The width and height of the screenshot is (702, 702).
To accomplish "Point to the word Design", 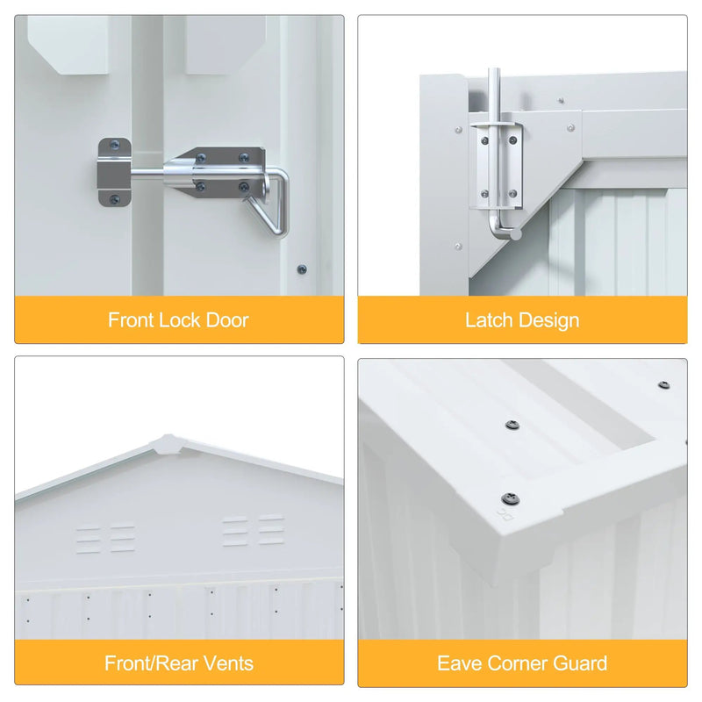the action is (x=549, y=321).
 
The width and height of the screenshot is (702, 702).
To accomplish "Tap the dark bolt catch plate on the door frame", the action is (x=114, y=172).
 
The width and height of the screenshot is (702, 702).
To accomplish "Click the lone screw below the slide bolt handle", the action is (x=302, y=269).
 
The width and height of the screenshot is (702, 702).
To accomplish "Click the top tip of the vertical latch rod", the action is (x=494, y=69).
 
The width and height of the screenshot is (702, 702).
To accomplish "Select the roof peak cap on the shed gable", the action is (x=168, y=444).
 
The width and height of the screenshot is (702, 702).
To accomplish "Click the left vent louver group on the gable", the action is (x=105, y=539).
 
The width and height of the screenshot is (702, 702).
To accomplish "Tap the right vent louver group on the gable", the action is (x=254, y=532).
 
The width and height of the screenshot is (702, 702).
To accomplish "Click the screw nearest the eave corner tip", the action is (x=511, y=498).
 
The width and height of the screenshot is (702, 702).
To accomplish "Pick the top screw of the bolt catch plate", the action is (x=115, y=144).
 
